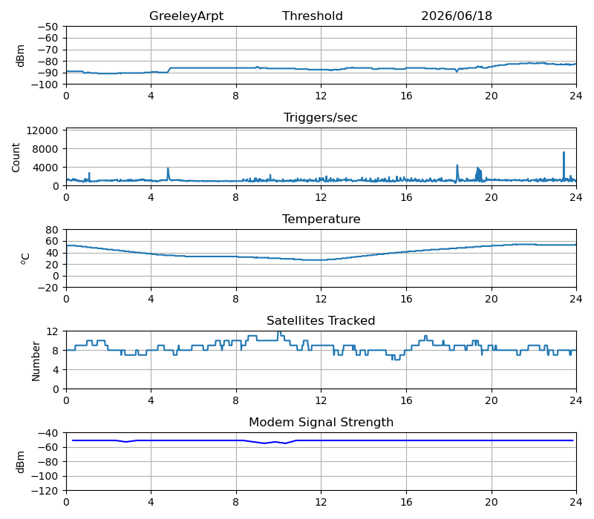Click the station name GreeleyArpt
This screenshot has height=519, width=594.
(186, 16)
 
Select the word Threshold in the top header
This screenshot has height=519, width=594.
(312, 16)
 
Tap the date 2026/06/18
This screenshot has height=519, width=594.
(457, 16)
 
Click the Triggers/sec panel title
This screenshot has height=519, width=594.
(321, 118)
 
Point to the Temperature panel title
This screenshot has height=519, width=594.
(321, 219)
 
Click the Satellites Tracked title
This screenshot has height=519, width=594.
(321, 320)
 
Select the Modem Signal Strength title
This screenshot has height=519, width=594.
(321, 422)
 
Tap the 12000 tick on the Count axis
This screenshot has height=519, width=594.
(42, 130)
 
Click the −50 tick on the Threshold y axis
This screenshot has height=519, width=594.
(48, 27)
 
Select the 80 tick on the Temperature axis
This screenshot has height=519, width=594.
(53, 230)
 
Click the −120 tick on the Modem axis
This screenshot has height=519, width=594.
(45, 491)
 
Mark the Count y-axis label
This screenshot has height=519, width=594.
(16, 157)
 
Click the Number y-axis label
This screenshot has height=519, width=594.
(36, 361)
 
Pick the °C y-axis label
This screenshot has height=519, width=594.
(25, 259)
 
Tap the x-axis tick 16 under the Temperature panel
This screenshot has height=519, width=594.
(406, 300)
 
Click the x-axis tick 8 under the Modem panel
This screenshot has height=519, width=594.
(235, 503)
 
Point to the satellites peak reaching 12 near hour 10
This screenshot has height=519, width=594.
(279, 332)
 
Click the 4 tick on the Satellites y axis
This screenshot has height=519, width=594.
(56, 370)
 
